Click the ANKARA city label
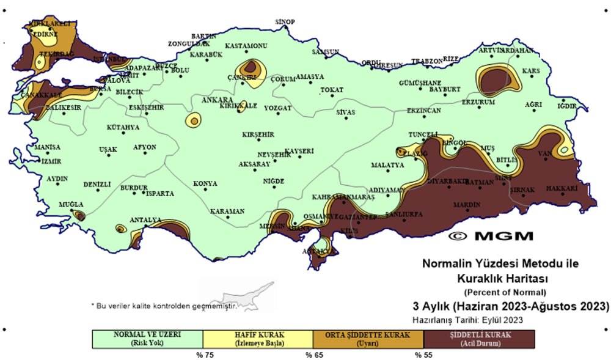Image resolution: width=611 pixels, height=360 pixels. [x=218, y=100]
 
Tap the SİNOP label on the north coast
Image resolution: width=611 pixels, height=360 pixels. [x=285, y=22]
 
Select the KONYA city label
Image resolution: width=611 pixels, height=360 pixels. [x=205, y=183]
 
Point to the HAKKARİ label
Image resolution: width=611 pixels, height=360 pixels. [x=561, y=188]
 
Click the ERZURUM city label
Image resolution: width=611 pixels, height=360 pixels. [x=478, y=102]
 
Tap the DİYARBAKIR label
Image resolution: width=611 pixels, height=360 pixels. [x=447, y=182]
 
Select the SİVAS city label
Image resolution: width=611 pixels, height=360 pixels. [x=345, y=112]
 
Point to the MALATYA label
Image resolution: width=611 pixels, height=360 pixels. [x=387, y=165]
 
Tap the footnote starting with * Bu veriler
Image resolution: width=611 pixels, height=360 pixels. [x=163, y=305]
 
